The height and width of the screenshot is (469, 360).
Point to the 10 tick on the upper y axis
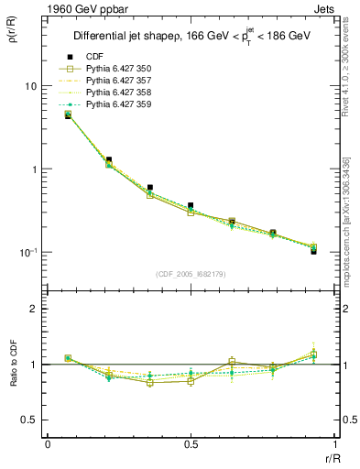tap(29, 86)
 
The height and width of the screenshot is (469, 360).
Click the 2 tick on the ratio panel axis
tap(34, 309)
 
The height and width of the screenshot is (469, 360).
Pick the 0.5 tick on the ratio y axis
tap(29, 420)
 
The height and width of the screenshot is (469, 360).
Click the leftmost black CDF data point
tap(68, 115)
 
